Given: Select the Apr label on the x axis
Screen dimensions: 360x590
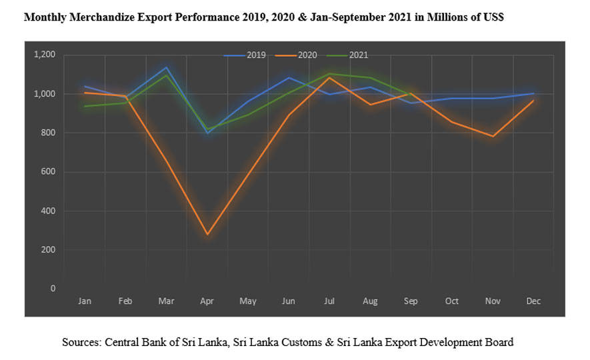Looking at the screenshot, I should click(207, 301).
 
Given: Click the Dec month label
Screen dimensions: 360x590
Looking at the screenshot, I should click(533, 301).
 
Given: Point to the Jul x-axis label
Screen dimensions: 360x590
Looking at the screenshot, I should click(329, 301).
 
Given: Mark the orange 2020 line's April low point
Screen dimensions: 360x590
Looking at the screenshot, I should click(207, 235).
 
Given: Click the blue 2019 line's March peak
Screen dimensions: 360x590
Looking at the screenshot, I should click(166, 67).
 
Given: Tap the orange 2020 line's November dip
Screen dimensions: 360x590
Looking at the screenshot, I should click(493, 136).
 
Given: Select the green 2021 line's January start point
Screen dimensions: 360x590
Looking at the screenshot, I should click(85, 106).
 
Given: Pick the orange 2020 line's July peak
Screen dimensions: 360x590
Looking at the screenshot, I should click(329, 78).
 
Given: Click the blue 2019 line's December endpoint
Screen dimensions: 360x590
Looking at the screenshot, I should click(533, 93).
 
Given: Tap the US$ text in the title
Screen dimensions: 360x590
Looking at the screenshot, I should click(492, 18).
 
